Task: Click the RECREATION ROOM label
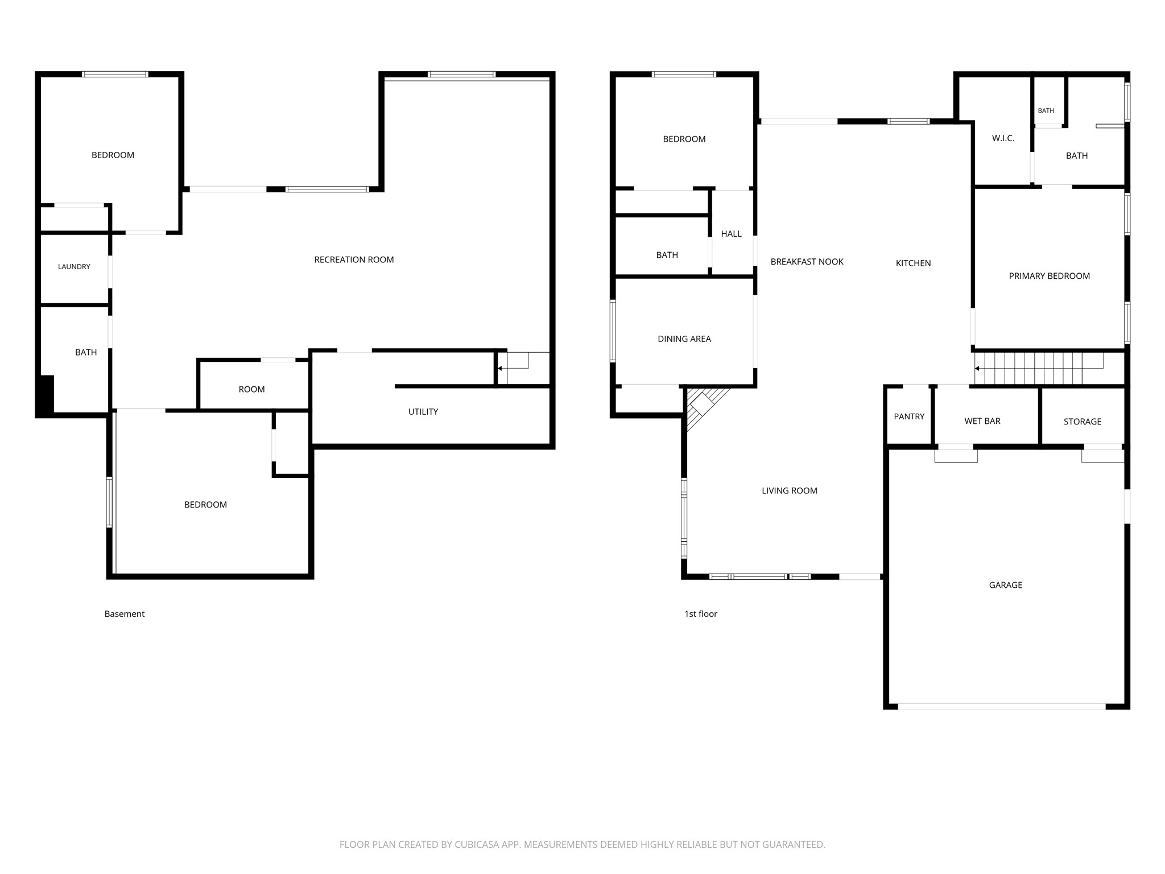[354, 259]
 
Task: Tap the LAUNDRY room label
[74, 266]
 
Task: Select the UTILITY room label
[423, 411]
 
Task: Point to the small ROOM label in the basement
[251, 389]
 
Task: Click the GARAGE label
[1006, 585]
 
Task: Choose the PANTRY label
[909, 417]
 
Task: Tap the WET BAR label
[982, 421]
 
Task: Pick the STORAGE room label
[1083, 422]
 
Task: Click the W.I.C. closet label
[1003, 138]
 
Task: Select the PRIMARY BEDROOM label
[1050, 276]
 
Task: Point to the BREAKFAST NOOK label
[807, 262]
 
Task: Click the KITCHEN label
[914, 263]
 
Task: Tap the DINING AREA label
[684, 339]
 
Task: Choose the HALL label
[732, 234]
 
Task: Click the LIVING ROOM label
[790, 490]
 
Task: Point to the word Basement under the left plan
[125, 614]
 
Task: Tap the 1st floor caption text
[701, 614]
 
